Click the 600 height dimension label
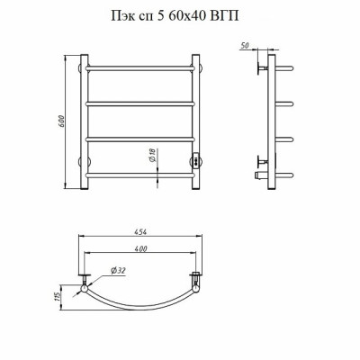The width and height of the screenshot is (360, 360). pyautogui.click(x=61, y=121)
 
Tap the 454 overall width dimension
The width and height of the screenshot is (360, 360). pyautogui.click(x=140, y=232)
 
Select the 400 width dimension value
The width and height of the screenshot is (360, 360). pyautogui.click(x=140, y=248)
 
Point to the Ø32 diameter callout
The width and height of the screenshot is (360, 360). pyautogui.click(x=118, y=271)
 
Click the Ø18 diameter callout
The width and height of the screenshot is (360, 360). pyautogui.click(x=152, y=156)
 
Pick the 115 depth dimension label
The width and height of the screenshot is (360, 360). pyautogui.click(x=58, y=297)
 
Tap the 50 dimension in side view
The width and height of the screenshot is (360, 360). pyautogui.click(x=245, y=46)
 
